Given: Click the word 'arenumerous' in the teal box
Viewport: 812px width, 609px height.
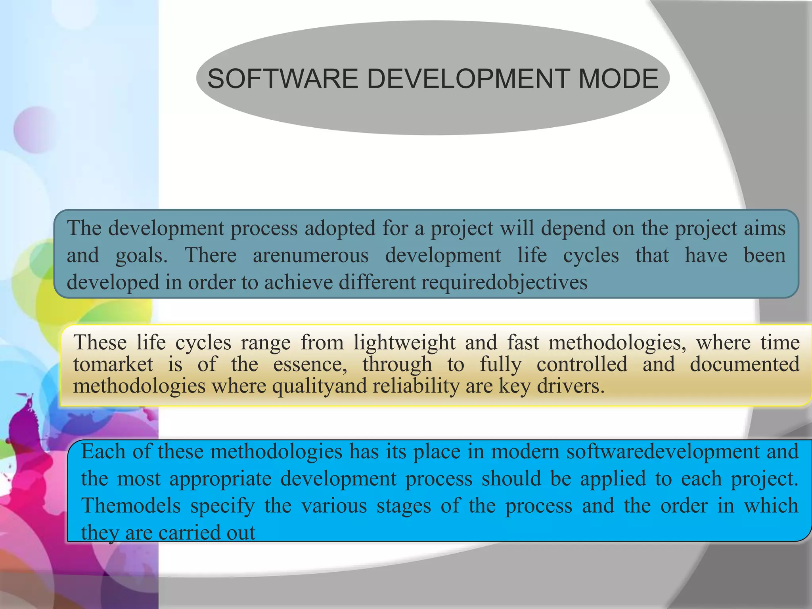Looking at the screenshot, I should click(x=311, y=255).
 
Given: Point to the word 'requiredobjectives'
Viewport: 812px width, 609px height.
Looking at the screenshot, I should click(x=504, y=282).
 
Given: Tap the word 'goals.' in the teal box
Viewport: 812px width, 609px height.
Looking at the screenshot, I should click(x=142, y=256).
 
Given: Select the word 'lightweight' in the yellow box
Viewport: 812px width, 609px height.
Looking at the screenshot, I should click(x=404, y=342).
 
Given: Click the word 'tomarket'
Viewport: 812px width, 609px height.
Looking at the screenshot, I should click(x=113, y=364).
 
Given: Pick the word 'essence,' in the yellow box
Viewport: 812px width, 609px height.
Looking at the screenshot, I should click(x=310, y=364).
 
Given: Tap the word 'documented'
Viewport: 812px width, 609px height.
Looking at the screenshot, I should click(x=745, y=364).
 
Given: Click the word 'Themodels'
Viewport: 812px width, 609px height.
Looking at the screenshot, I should click(x=131, y=506).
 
